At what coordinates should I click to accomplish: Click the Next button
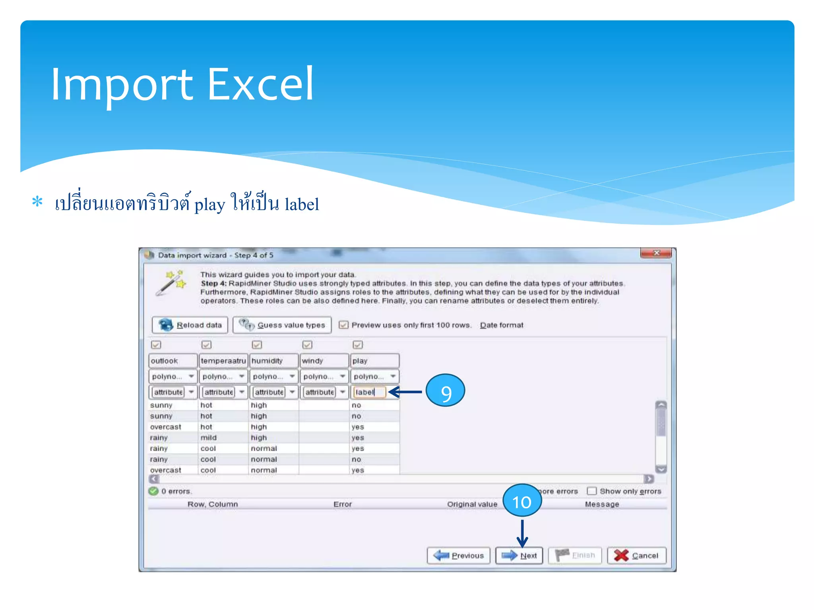click(519, 555)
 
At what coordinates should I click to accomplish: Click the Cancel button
click(637, 555)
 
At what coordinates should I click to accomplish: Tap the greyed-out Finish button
click(575, 555)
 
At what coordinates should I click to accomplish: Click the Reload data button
click(190, 325)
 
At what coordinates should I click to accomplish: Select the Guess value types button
click(282, 325)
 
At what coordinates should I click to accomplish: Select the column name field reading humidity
click(273, 361)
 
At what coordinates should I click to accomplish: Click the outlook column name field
click(173, 361)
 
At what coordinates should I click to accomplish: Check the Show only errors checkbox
click(592, 491)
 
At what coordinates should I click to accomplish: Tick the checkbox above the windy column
click(307, 344)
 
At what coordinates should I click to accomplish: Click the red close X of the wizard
click(656, 253)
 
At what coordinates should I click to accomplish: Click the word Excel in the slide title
click(260, 84)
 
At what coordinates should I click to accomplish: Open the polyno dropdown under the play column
click(393, 376)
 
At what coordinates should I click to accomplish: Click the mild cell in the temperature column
click(209, 438)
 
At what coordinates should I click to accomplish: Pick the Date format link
click(502, 325)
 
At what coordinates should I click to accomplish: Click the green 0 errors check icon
click(153, 491)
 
